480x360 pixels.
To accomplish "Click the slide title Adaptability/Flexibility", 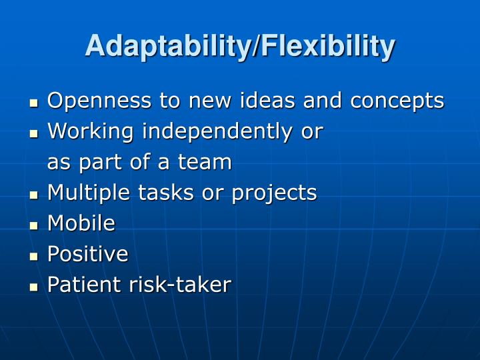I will coord(240,46).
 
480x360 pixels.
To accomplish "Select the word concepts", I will coord(397,101).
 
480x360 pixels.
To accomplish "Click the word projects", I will coord(274,193).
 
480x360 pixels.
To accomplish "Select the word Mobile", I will coord(81,223).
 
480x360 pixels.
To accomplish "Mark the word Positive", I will coord(87,254).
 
